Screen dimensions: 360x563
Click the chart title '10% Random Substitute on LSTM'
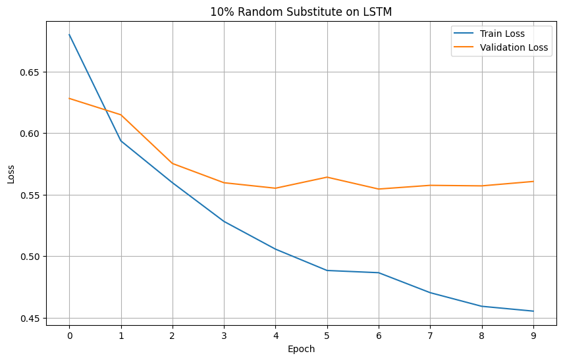(x=301, y=11)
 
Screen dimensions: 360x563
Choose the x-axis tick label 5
(x=327, y=335)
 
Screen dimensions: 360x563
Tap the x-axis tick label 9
(x=533, y=335)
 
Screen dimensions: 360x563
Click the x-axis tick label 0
(x=69, y=335)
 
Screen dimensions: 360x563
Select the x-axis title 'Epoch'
(x=301, y=349)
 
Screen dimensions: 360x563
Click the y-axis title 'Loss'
(x=11, y=174)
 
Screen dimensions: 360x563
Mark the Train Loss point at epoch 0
(x=69, y=35)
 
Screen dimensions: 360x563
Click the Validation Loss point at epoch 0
(x=69, y=99)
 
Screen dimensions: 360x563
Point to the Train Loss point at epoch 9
(x=533, y=311)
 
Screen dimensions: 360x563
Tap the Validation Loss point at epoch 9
(x=533, y=182)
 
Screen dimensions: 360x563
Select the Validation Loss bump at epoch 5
(x=327, y=177)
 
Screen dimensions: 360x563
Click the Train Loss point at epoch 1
(x=121, y=141)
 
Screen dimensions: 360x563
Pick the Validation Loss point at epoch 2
(x=173, y=163)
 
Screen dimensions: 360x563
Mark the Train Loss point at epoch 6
(x=379, y=272)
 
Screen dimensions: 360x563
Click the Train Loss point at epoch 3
(x=224, y=221)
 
